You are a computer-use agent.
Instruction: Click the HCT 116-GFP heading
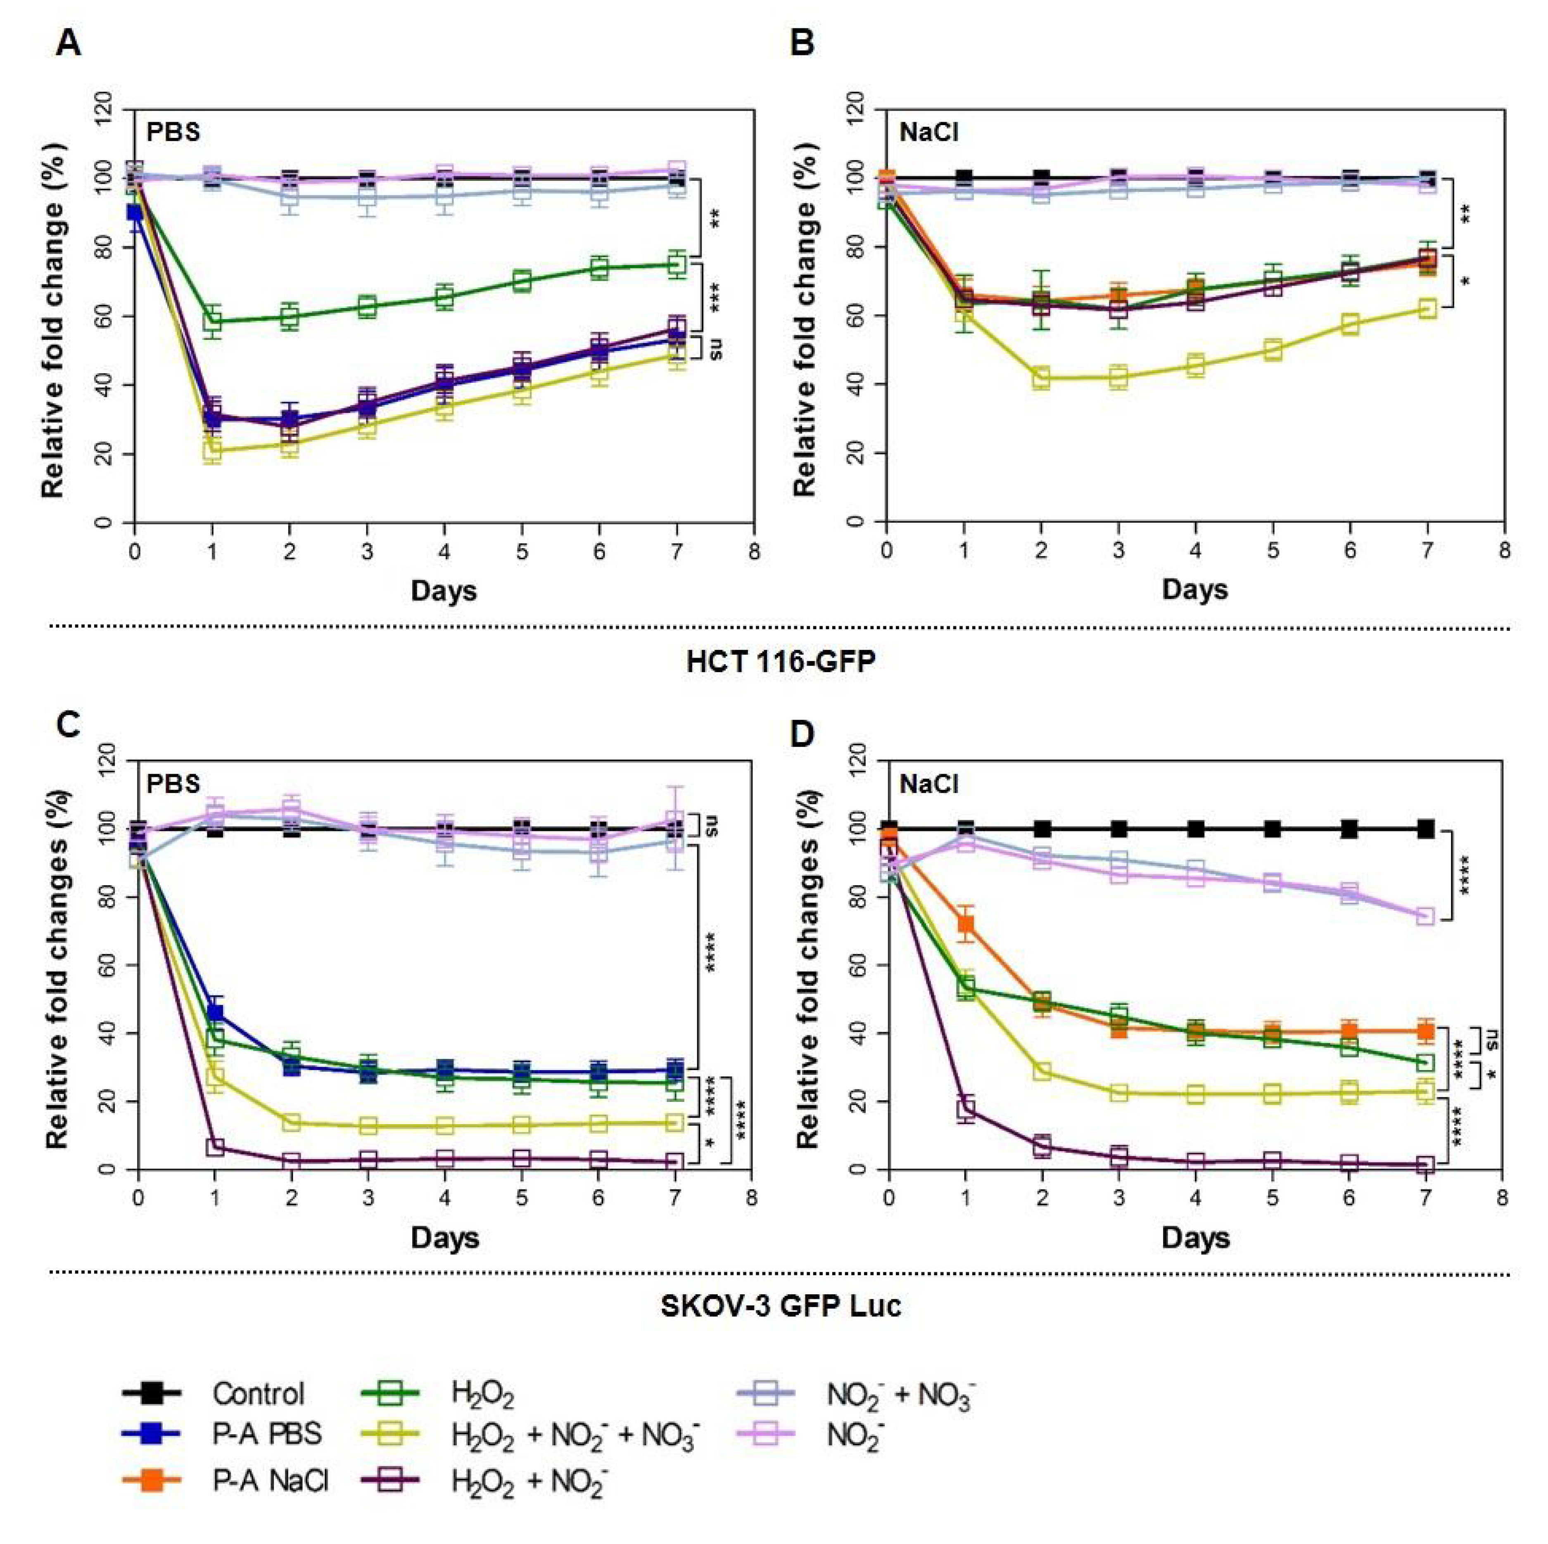click(781, 661)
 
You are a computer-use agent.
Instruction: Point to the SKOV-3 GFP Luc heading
click(781, 1306)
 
